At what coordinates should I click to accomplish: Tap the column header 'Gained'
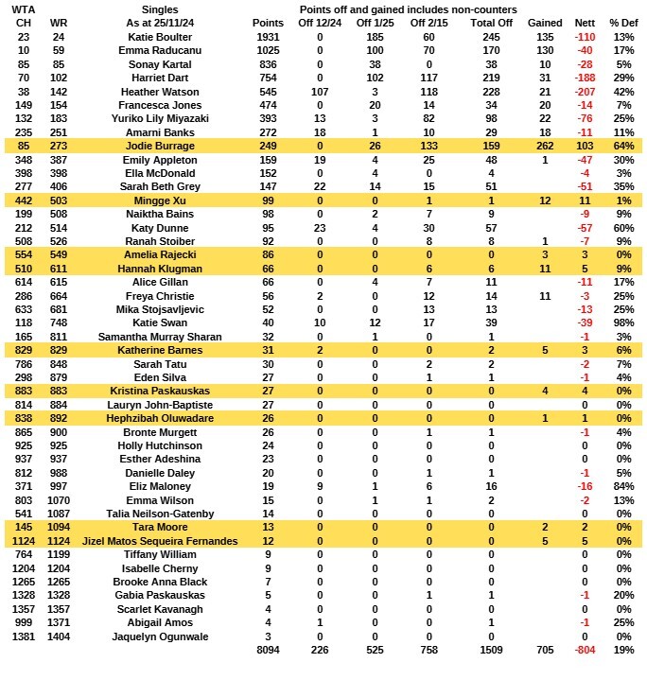545,23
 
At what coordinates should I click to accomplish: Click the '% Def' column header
622,23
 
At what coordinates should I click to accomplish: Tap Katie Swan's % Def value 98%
622,323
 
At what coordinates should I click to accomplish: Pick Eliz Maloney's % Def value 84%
622,486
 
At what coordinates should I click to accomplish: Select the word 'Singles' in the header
159,9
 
